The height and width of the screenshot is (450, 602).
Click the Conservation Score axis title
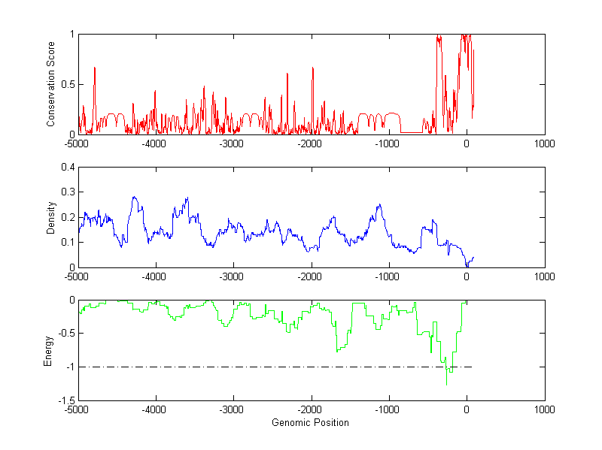[x=50, y=84]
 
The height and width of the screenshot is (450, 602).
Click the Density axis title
[x=50, y=217]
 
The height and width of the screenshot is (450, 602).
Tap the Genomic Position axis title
[x=310, y=422]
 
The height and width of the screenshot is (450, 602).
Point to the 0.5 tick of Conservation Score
[x=68, y=84]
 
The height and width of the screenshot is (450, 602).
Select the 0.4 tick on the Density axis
[x=68, y=168]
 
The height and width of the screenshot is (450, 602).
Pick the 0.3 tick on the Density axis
[x=68, y=192]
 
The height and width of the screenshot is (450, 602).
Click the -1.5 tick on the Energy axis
[x=66, y=400]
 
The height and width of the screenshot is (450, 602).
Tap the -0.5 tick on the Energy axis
[x=66, y=334]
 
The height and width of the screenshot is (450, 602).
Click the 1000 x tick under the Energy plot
[x=544, y=409]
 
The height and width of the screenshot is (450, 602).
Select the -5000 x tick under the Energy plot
[x=76, y=409]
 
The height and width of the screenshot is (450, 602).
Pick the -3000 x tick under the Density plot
[x=232, y=276]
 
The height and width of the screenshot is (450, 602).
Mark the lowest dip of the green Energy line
[x=446, y=385]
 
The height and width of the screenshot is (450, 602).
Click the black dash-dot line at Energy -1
[x=263, y=367]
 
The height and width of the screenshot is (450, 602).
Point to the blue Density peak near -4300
[x=134, y=197]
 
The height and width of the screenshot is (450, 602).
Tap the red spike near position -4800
[x=95, y=68]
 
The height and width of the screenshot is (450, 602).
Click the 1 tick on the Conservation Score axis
[x=71, y=35]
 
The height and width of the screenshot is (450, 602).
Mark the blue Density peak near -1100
[x=379, y=204]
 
